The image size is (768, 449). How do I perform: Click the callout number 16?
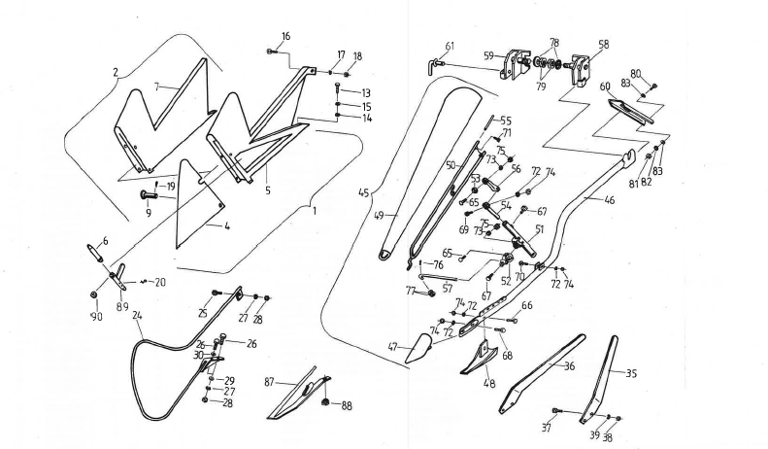pos(285,36)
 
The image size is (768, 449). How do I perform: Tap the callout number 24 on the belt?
pos(138,315)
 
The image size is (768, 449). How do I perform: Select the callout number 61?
pos(450,46)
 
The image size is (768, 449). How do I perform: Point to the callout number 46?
pos(609,199)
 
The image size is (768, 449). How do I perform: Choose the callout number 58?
pos(604,45)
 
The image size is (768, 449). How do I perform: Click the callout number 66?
pos(526,305)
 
